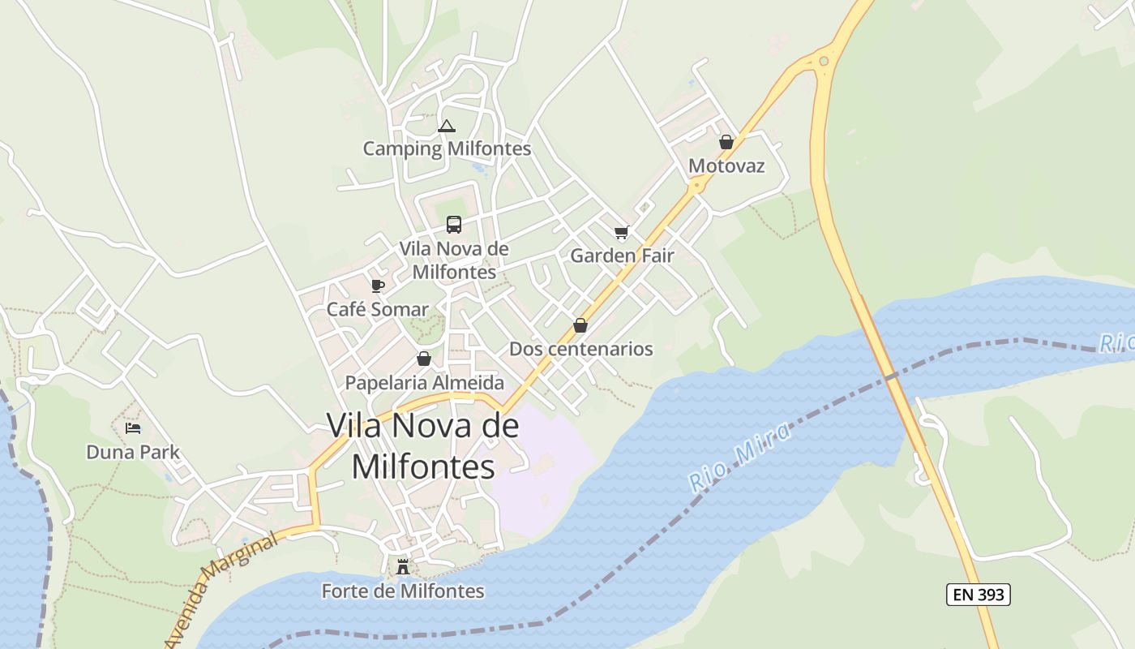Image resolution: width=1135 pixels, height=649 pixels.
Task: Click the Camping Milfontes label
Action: coord(447,148)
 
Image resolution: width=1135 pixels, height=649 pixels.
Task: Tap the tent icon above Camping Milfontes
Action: coord(446,126)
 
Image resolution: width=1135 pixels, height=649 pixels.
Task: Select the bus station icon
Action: coord(454,225)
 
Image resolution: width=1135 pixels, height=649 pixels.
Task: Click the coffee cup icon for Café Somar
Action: coord(377,286)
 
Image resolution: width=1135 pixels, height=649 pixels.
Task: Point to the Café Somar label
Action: coord(377,309)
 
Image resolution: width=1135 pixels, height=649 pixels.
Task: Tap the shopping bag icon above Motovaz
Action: coord(726,142)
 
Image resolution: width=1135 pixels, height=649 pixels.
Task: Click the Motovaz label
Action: coord(726,165)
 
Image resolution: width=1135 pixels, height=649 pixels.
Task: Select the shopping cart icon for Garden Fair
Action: coord(622,233)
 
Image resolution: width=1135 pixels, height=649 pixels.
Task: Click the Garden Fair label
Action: coord(622,256)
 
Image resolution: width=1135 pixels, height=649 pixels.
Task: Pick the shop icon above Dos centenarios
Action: coord(580,325)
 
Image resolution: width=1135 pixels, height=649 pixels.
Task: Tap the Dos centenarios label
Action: coord(580,349)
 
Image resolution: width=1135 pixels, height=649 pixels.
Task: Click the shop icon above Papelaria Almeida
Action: coord(424,359)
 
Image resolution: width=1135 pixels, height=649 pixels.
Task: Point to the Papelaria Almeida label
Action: coord(424,382)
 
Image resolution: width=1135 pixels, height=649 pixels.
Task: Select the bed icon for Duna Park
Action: coord(133,428)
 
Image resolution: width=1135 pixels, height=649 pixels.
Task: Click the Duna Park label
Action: coord(133,452)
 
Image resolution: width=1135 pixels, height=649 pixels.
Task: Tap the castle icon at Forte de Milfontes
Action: coord(403,566)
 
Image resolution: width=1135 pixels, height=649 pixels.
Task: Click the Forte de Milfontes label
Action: coord(403,591)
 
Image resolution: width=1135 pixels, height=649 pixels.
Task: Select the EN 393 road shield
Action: coord(978,595)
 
